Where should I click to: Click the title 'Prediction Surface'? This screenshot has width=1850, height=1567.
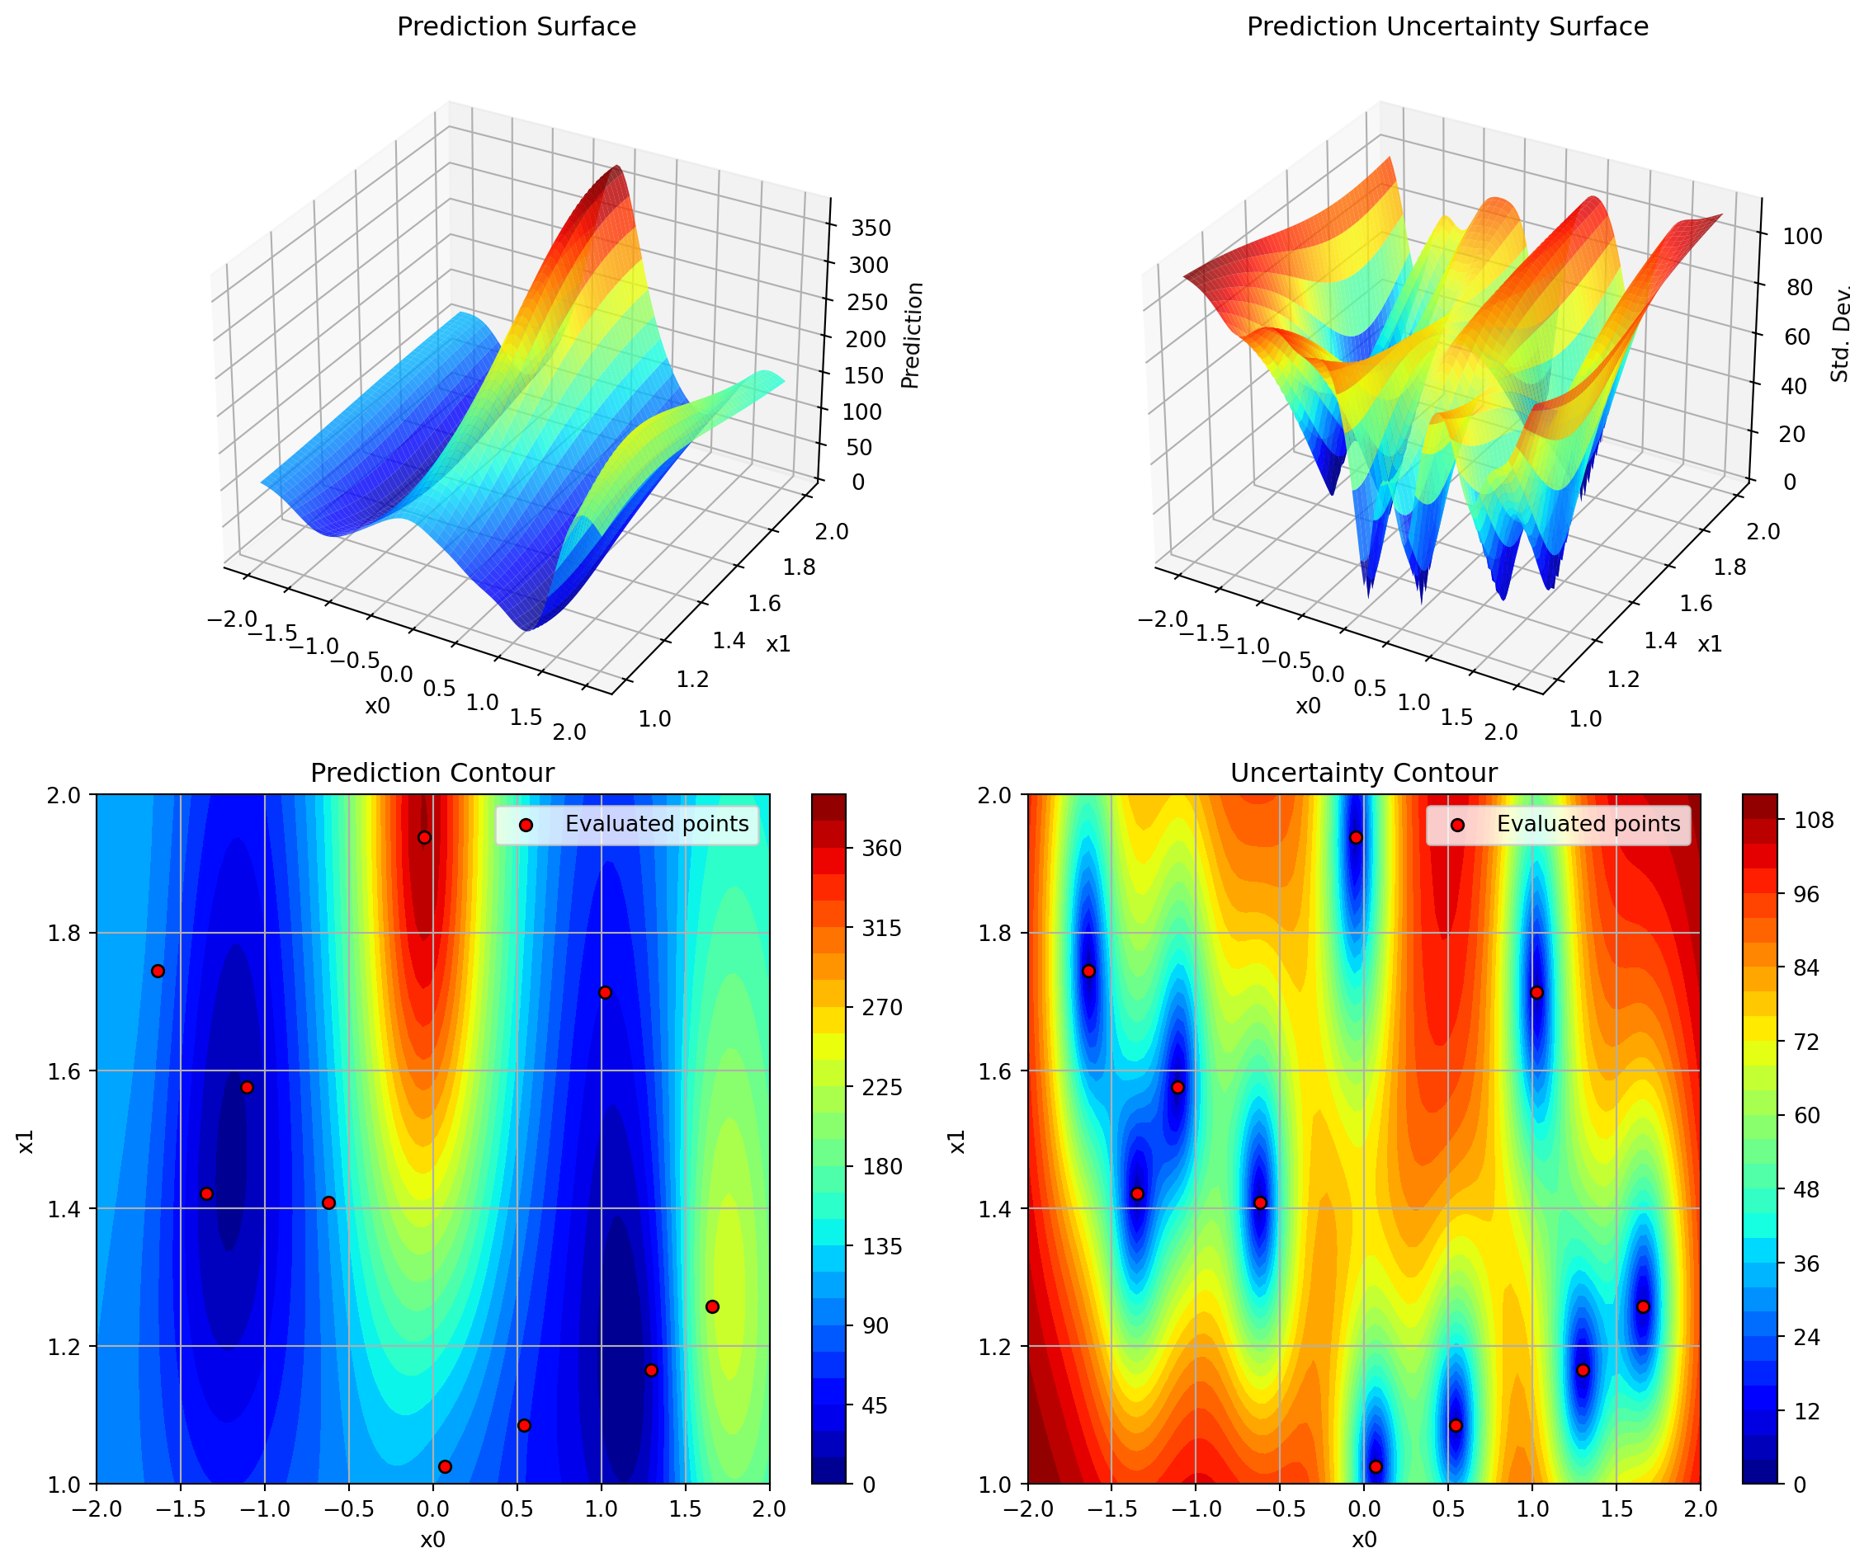click(x=517, y=26)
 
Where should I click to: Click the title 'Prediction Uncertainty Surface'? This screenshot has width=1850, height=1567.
click(x=1446, y=26)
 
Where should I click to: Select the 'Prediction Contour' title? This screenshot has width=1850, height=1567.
click(x=432, y=773)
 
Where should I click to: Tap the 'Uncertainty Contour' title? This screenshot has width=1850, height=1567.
click(x=1363, y=773)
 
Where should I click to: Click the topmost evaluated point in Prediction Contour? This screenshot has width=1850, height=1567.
click(x=425, y=838)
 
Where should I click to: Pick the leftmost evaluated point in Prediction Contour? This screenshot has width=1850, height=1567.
click(x=158, y=971)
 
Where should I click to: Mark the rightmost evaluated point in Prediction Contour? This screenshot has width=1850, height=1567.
click(x=712, y=1306)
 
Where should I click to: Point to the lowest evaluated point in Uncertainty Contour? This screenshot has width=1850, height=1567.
click(x=1376, y=1466)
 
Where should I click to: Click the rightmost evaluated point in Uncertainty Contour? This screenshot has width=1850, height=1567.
click(x=1643, y=1306)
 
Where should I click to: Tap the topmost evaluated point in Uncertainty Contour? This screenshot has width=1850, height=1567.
click(x=1356, y=838)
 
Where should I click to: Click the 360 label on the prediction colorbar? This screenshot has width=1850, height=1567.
click(x=882, y=849)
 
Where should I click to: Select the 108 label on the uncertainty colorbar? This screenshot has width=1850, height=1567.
click(x=1814, y=820)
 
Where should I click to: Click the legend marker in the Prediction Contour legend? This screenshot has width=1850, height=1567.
click(x=526, y=826)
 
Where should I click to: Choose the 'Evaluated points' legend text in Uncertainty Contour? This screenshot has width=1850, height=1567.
click(x=1588, y=825)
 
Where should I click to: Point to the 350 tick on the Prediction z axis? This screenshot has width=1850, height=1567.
click(x=871, y=228)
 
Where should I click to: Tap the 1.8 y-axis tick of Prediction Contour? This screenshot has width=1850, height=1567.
click(x=64, y=933)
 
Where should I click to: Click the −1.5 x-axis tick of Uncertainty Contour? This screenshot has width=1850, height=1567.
click(x=1111, y=1508)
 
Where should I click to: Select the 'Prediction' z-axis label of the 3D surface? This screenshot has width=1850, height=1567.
click(x=912, y=335)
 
